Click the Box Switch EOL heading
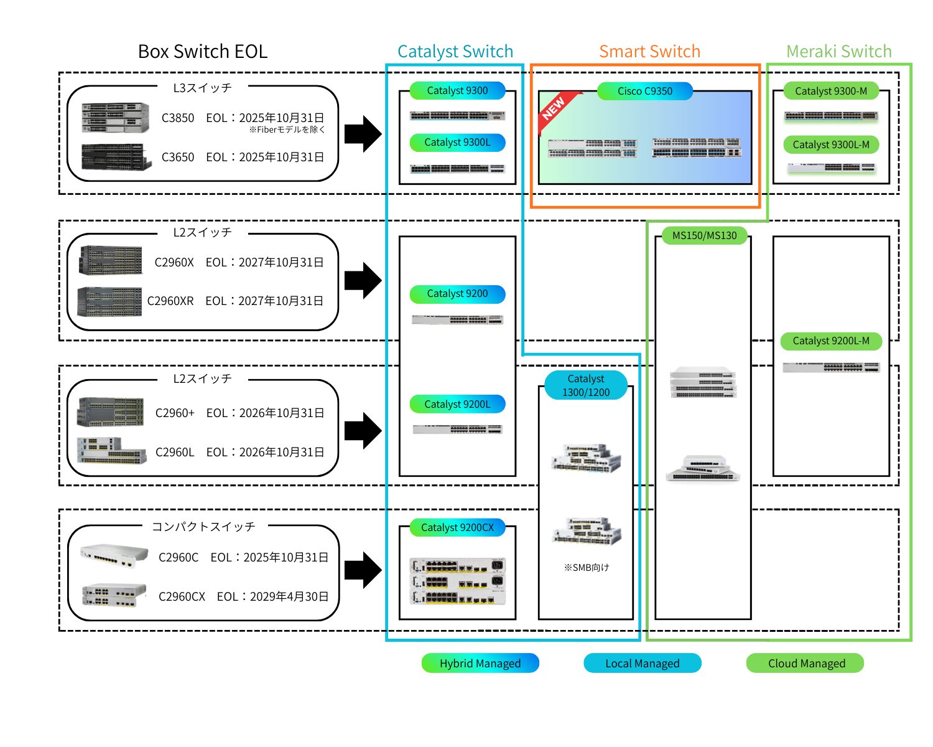(203, 52)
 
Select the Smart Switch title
(649, 52)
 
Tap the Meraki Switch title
(838, 52)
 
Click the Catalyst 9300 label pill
(457, 91)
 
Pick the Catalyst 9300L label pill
(457, 143)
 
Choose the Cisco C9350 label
(644, 92)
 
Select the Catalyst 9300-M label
(830, 92)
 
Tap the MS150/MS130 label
(704, 236)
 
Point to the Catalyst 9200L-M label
(830, 341)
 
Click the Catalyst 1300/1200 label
(585, 385)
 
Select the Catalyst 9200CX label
(457, 528)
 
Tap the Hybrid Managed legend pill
(480, 664)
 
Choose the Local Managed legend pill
(642, 664)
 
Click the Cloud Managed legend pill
(805, 664)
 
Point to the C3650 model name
(178, 157)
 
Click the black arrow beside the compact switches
(363, 570)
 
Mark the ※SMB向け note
(586, 568)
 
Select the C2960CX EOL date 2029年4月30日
(289, 597)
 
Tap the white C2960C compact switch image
(114, 555)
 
